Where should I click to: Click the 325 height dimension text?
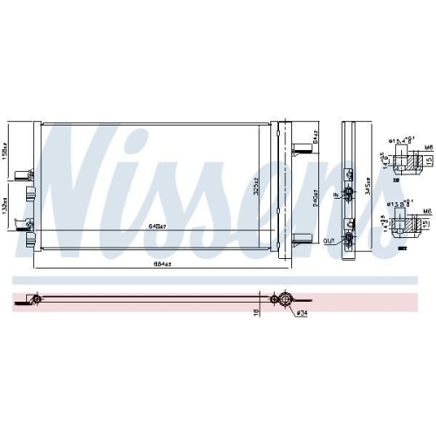coord(257,189)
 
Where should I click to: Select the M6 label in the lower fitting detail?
coord(426,211)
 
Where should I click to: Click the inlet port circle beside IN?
coord(349,192)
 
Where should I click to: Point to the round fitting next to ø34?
coord(283,299)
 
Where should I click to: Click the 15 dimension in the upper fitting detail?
coord(429,160)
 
